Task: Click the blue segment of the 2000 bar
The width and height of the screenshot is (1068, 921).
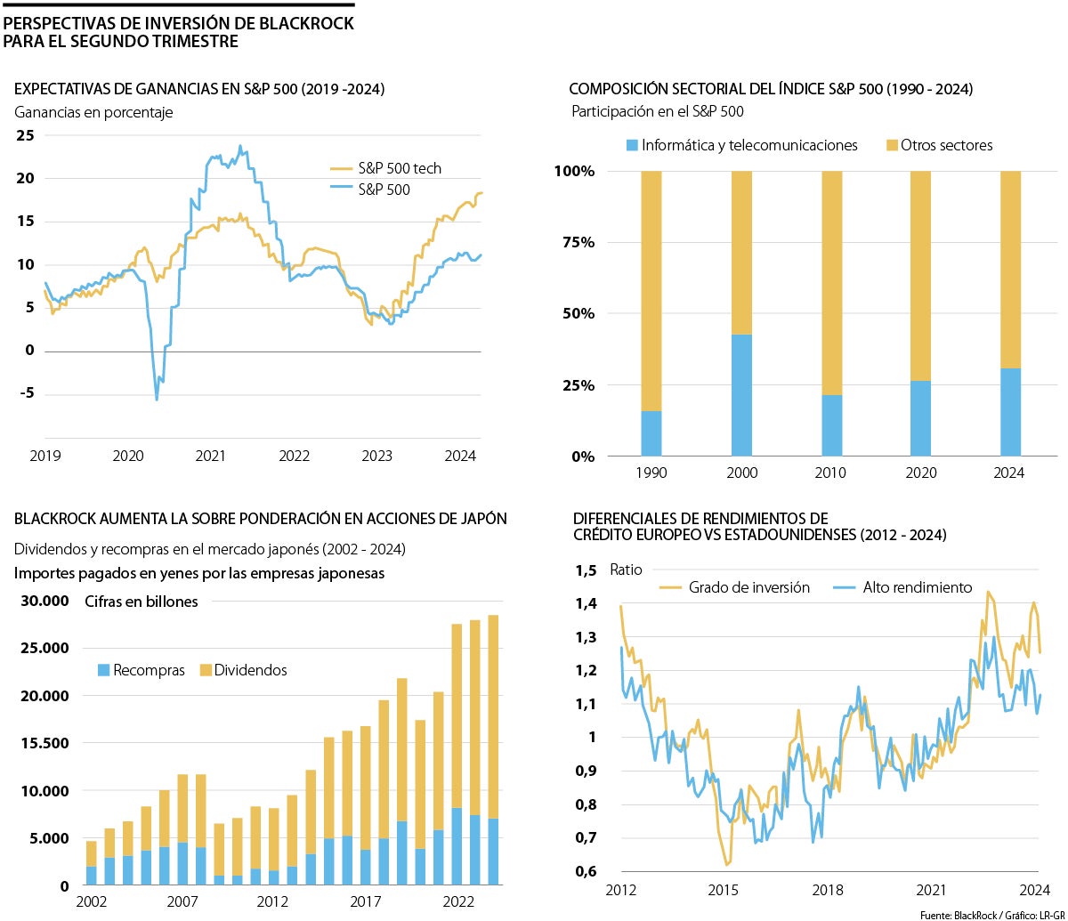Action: click(x=741, y=395)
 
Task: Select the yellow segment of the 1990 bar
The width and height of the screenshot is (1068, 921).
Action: click(x=651, y=290)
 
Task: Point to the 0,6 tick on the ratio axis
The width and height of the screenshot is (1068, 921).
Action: click(x=586, y=871)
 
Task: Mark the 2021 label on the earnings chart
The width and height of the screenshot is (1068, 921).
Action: click(x=211, y=456)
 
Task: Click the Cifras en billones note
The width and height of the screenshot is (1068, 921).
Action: click(x=142, y=602)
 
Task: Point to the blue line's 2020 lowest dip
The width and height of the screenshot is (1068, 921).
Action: click(x=158, y=399)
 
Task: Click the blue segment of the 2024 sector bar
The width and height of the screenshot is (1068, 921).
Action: click(x=1011, y=412)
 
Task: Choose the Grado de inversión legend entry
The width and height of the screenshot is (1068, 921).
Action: click(x=748, y=587)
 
